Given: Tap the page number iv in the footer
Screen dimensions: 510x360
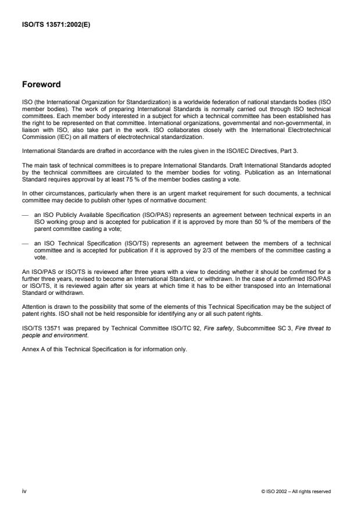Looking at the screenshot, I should click(x=23, y=491).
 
